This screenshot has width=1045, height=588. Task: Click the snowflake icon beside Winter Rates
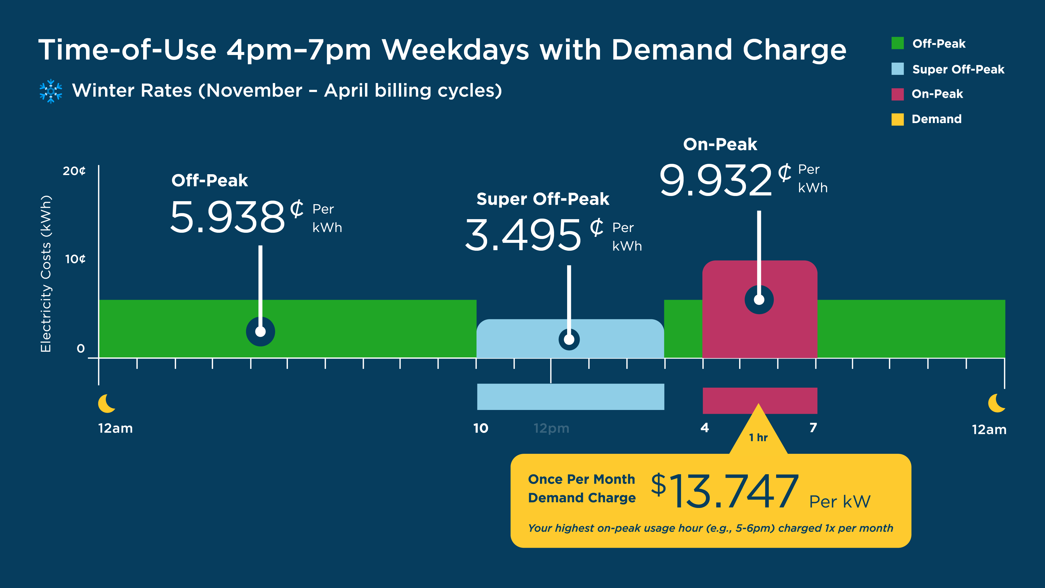pos(51,91)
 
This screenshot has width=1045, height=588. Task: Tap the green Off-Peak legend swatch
pos(897,43)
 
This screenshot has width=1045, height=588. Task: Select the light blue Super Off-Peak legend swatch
pos(897,69)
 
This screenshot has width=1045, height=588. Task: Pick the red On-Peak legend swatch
pos(897,94)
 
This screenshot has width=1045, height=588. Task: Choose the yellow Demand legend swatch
pos(897,119)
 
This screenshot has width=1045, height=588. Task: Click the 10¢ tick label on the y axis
pos(75,259)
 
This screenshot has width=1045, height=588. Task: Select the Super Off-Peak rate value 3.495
pos(523,235)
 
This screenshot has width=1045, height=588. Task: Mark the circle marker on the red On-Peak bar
pos(759,300)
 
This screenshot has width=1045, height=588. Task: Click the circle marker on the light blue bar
pos(569,339)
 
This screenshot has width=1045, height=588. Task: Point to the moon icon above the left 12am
pos(107,403)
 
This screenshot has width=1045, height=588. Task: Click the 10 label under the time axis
pos(481,428)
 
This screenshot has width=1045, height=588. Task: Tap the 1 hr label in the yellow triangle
pos(758,437)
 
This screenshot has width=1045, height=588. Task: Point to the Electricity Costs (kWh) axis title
pos(46,274)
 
